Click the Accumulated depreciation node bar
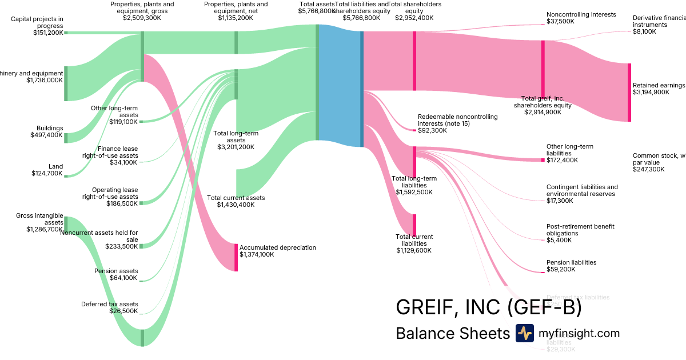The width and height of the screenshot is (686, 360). [x=236, y=257]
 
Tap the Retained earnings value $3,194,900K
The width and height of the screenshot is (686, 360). [x=651, y=92]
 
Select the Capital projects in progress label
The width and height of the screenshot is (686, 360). [x=37, y=22]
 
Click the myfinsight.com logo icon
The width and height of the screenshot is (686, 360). [x=524, y=333]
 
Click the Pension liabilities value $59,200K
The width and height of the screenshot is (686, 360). [x=561, y=269]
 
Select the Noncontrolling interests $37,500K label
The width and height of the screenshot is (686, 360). [x=573, y=18]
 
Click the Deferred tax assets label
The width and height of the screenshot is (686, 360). [x=110, y=304]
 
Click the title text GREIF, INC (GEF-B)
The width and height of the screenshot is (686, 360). [x=489, y=307]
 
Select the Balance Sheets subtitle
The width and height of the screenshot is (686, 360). [x=452, y=334]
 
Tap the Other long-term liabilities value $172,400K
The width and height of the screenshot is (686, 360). [x=562, y=160]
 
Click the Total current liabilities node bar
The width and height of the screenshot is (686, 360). [x=414, y=225]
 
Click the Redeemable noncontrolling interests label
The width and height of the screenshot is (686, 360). [x=457, y=120]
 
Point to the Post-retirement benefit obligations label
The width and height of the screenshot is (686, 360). [x=580, y=230]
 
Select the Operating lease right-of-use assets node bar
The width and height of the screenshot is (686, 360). [x=141, y=203]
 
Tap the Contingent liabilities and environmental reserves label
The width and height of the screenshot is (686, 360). [x=582, y=190]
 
